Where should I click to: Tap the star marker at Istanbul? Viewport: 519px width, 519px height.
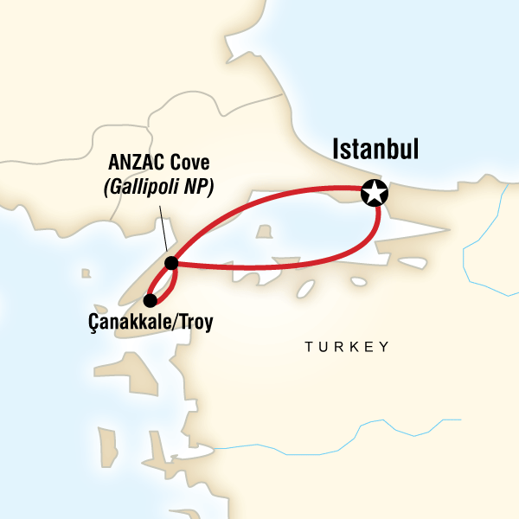coord(375,194)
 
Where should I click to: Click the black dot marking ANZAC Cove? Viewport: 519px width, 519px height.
coord(171,262)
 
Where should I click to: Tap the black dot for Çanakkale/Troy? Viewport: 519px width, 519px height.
coord(150,301)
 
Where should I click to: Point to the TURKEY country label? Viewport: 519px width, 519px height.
coord(346,347)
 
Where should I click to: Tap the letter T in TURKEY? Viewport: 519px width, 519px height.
coord(308,347)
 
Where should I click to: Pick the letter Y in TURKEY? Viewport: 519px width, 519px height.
coord(384,347)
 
